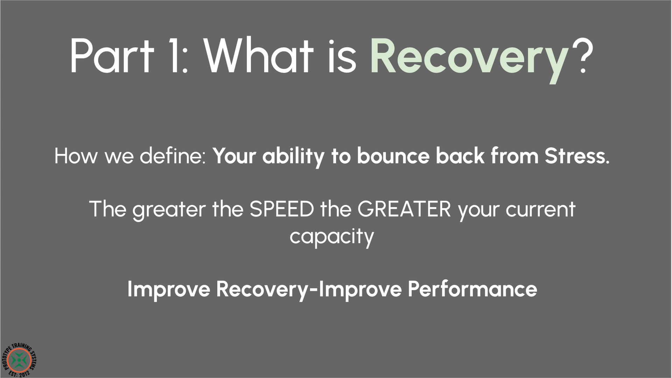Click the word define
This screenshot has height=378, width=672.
point(173,156)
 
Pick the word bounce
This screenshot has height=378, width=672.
point(393,156)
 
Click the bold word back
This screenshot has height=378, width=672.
point(460,156)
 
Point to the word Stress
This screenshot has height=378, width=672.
point(577,156)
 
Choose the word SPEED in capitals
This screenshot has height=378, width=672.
point(282,209)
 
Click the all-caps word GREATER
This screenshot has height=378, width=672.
point(404,209)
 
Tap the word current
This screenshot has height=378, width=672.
point(540,209)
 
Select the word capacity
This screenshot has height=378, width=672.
point(332,237)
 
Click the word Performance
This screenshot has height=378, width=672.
point(472,289)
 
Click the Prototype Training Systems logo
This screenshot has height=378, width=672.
point(19,360)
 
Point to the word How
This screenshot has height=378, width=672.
point(76,156)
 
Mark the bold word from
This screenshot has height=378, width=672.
point(514,156)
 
